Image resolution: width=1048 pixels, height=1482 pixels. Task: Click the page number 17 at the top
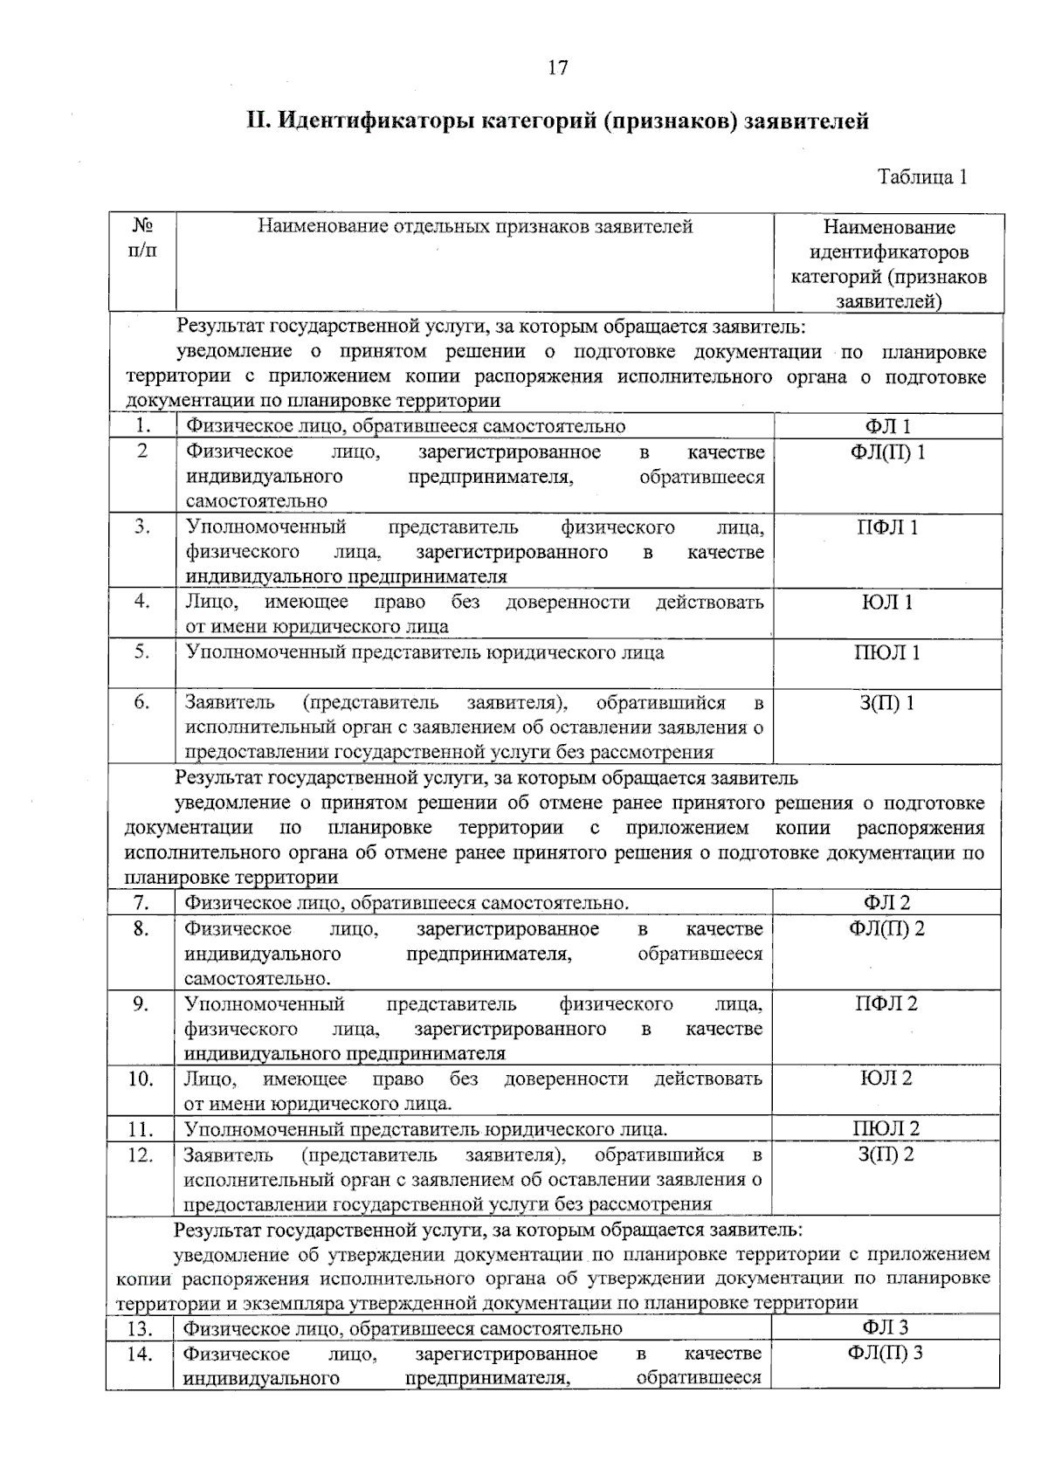point(558,67)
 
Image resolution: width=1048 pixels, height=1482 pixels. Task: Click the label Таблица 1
point(922,176)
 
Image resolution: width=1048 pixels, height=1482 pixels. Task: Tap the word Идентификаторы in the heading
point(376,121)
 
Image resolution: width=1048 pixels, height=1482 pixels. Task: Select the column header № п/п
point(142,238)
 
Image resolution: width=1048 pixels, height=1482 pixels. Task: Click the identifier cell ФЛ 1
point(887,426)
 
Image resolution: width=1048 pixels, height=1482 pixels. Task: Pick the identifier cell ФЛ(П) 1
point(887,451)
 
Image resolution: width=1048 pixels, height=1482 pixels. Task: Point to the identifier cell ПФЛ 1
point(887,527)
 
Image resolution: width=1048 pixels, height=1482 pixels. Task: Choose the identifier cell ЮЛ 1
point(887,603)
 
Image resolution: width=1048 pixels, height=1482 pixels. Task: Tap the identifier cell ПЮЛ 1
point(887,653)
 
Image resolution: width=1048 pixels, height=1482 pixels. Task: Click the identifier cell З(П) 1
point(887,703)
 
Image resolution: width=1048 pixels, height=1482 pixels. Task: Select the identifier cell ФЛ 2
point(886,903)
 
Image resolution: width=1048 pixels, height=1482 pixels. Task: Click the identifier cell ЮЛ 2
point(886,1079)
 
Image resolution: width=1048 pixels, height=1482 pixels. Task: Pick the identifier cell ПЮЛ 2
point(886,1128)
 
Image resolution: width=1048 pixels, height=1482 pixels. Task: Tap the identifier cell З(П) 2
point(886,1155)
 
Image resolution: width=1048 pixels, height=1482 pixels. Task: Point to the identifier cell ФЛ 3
point(886,1328)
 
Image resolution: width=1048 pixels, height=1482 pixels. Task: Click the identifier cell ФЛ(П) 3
point(886,1354)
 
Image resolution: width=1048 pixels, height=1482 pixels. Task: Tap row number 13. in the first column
point(141,1329)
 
